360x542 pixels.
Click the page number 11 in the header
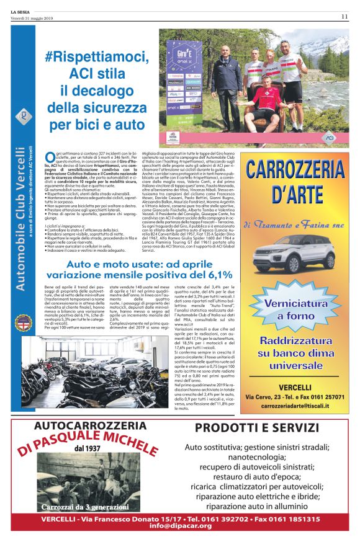(x=344, y=16)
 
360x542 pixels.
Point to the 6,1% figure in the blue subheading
(x=215, y=274)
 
